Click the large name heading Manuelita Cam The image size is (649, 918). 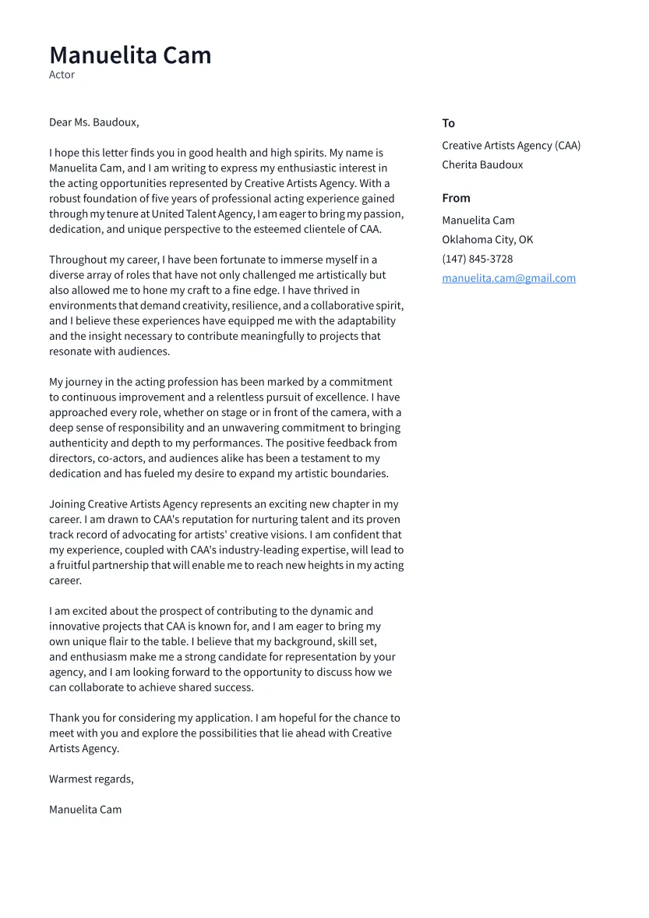(130, 55)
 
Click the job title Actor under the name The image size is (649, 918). (62, 75)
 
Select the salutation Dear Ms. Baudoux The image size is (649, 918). (93, 122)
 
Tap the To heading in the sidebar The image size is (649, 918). (448, 123)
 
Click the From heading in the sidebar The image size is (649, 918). (456, 198)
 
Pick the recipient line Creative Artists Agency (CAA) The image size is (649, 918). (511, 146)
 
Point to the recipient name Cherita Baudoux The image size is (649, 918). (482, 164)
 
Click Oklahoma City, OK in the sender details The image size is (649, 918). (487, 239)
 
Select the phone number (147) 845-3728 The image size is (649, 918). (477, 259)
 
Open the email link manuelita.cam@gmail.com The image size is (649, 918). (509, 278)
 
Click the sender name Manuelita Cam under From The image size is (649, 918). (478, 221)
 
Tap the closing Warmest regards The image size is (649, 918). (91, 779)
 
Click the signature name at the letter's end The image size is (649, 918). (85, 809)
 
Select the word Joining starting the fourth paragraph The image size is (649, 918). (67, 504)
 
